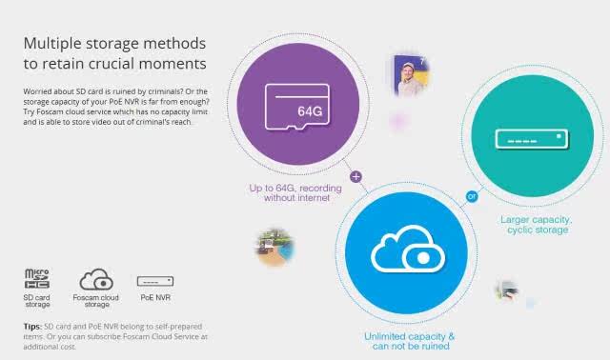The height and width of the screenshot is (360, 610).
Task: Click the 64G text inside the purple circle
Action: click(310, 111)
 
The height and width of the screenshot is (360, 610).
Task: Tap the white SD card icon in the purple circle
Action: click(297, 107)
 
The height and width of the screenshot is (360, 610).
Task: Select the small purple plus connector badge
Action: click(356, 176)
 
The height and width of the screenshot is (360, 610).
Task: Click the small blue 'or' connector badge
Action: click(472, 197)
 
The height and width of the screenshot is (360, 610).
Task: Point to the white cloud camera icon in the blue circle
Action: click(408, 250)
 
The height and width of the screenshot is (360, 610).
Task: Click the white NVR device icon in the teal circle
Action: click(532, 139)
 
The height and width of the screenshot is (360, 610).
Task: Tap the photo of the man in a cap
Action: click(412, 75)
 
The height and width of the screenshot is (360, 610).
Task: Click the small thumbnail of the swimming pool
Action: click(275, 248)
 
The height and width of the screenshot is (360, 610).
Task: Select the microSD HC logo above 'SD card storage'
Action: click(37, 278)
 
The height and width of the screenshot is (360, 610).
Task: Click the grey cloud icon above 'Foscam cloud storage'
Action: click(96, 279)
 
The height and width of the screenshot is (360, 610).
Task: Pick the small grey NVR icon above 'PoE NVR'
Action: click(155, 281)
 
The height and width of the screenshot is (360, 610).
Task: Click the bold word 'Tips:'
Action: click(32, 326)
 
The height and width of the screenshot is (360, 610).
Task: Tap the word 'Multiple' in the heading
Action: click(52, 44)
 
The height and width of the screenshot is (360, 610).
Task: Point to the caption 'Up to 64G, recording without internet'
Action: click(295, 192)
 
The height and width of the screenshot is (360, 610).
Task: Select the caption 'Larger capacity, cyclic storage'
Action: click(537, 225)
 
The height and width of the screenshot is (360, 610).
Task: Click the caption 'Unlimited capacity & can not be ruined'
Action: click(410, 341)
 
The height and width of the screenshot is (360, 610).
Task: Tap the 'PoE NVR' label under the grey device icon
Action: click(155, 298)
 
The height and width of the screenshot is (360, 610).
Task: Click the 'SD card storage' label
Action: click(37, 301)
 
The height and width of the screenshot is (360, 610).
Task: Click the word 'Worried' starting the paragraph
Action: click(36, 91)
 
